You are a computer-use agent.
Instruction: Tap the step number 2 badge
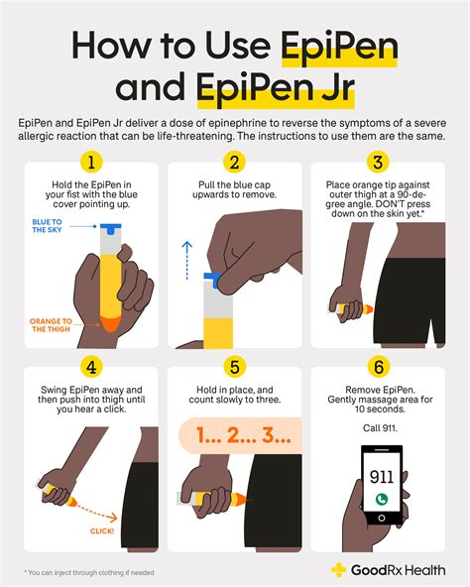(235, 162)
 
